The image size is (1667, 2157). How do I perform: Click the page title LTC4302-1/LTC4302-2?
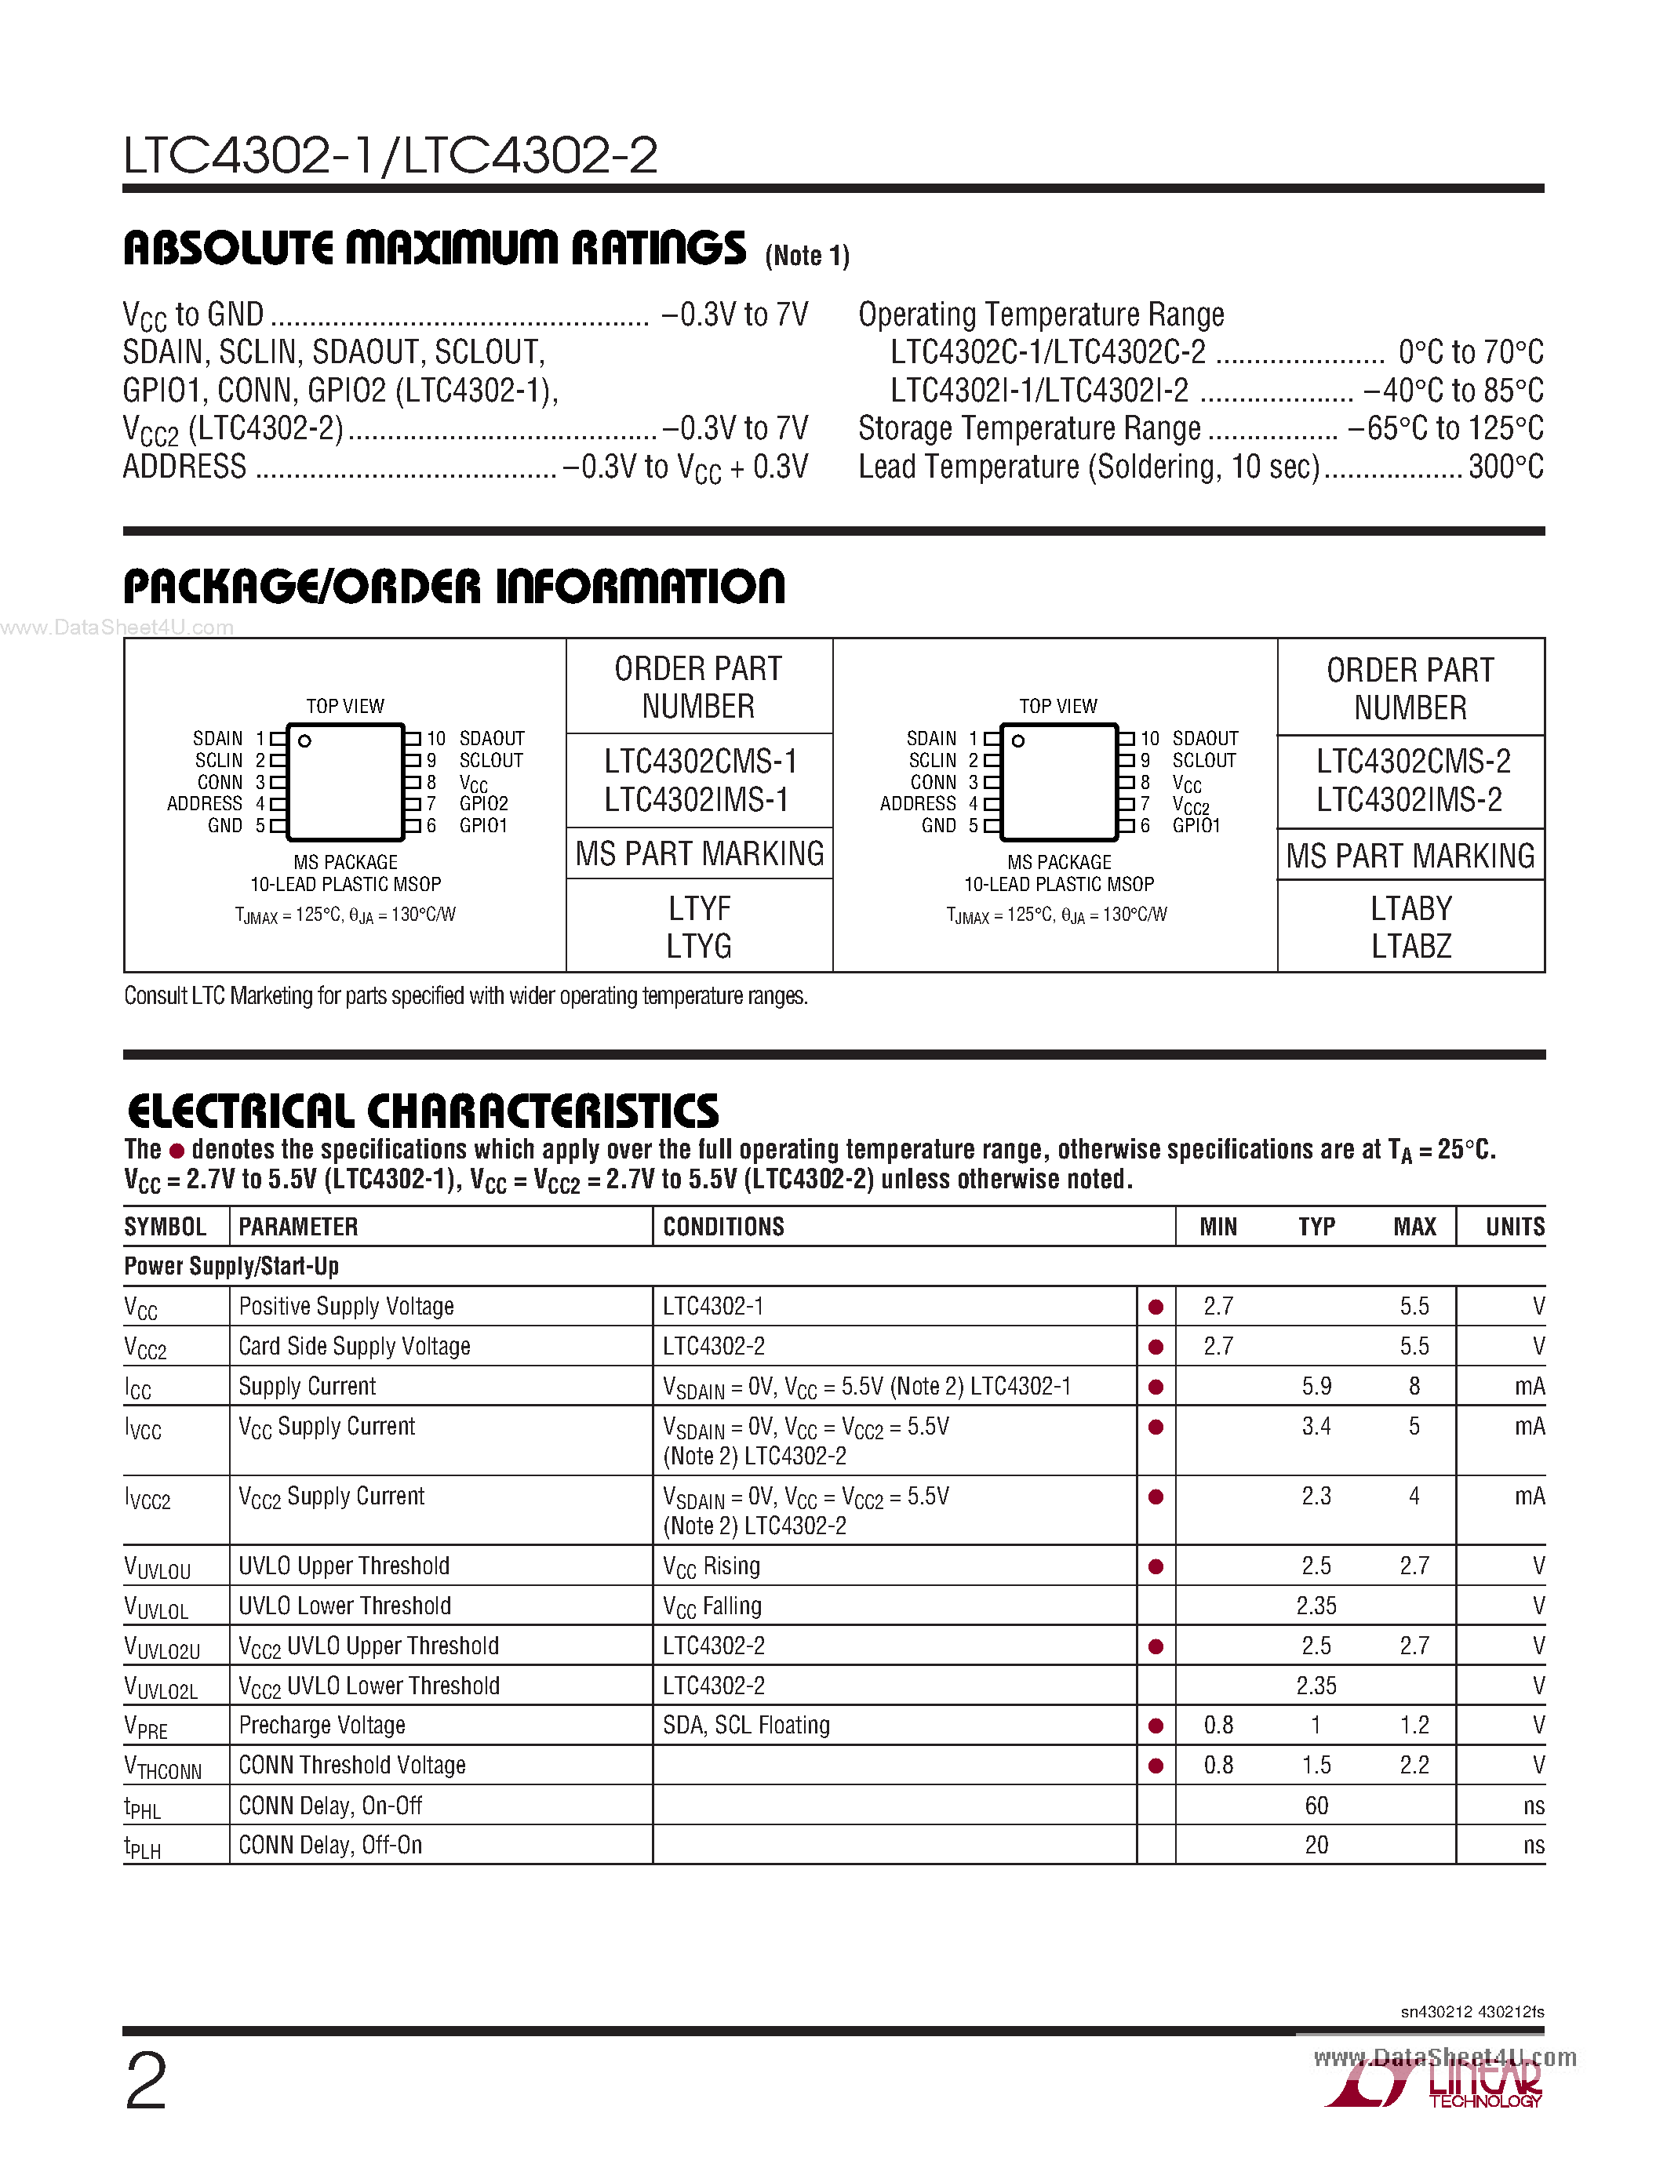pyautogui.click(x=390, y=155)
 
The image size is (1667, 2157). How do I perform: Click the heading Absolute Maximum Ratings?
pyautogui.click(x=435, y=248)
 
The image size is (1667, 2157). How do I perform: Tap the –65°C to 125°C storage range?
pyautogui.click(x=1445, y=428)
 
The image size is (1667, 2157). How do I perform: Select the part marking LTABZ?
pyautogui.click(x=1410, y=946)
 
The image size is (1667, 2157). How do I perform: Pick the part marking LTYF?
pyautogui.click(x=699, y=908)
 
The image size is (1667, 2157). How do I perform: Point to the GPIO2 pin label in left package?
pyautogui.click(x=483, y=804)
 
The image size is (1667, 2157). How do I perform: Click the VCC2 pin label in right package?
pyautogui.click(x=1190, y=806)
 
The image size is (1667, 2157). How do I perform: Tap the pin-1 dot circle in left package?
pyautogui.click(x=305, y=740)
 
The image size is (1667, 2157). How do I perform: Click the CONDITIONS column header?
pyautogui.click(x=723, y=1227)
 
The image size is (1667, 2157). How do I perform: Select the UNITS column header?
pyautogui.click(x=1514, y=1227)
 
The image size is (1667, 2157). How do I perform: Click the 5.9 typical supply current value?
pyautogui.click(x=1316, y=1387)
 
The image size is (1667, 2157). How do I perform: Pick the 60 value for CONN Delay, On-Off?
pyautogui.click(x=1316, y=1806)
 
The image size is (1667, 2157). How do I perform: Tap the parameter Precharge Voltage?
pyautogui.click(x=322, y=1726)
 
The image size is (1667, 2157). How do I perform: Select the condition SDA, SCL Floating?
pyautogui.click(x=745, y=1726)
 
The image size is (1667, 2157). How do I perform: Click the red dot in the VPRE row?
pyautogui.click(x=1156, y=1726)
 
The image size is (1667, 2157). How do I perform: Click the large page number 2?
pyautogui.click(x=146, y=2081)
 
